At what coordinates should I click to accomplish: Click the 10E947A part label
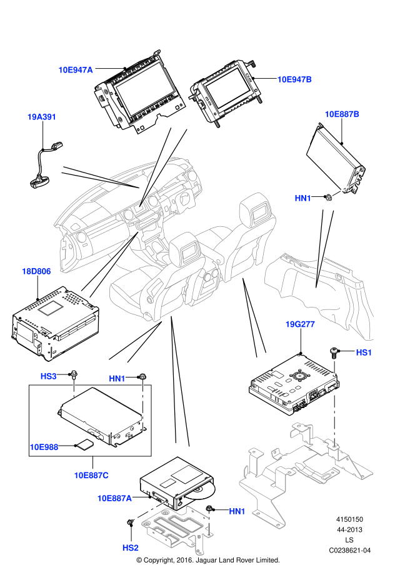76,70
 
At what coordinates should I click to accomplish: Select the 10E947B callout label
294,79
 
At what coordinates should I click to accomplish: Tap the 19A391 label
42,117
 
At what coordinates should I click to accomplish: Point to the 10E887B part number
342,114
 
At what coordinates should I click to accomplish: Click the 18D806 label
36,271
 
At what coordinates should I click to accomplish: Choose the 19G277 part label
300,324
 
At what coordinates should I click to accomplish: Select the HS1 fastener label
364,352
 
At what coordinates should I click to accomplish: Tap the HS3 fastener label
48,376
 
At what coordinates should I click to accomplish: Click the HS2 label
130,548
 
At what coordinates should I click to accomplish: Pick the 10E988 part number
44,447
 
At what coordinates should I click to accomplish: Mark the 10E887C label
91,475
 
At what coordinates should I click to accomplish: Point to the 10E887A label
114,498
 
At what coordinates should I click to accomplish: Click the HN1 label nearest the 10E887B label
303,198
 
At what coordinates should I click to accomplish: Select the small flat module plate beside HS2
175,525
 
